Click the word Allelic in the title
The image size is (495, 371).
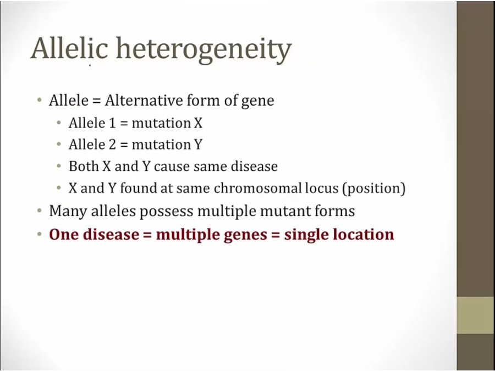[x=69, y=48]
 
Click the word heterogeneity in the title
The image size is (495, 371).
[x=204, y=50]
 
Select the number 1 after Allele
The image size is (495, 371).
[x=112, y=123]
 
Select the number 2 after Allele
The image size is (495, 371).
[x=113, y=145]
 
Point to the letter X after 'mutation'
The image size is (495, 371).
[x=198, y=123]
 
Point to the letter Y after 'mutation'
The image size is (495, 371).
[x=198, y=145]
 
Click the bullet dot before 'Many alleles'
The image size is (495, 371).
[x=39, y=211]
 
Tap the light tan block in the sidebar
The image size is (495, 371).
[x=476, y=315]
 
